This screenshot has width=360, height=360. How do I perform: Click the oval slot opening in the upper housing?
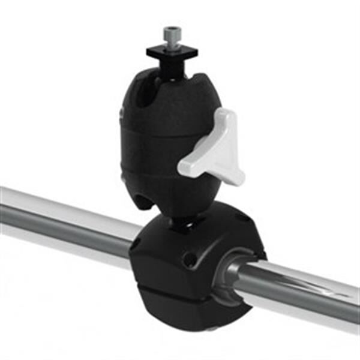[x=139, y=96]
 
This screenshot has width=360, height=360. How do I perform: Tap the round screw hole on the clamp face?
[x=190, y=260]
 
